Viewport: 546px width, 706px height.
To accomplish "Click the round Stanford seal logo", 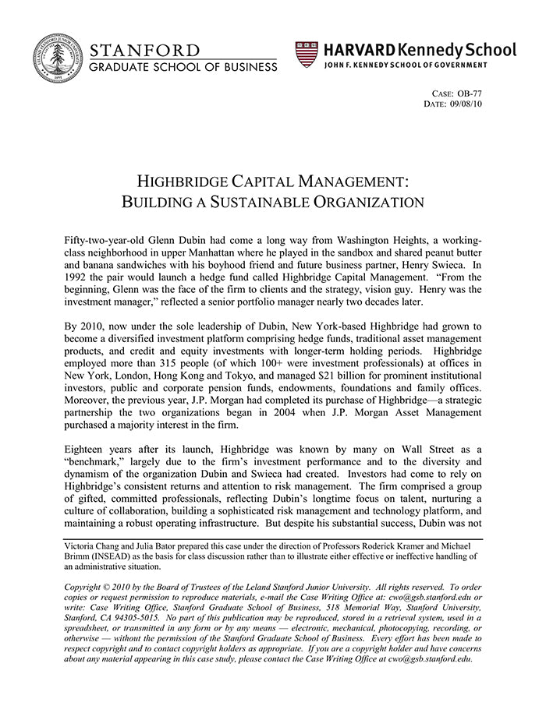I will (58, 58).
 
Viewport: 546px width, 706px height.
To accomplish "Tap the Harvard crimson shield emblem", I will (307, 54).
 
